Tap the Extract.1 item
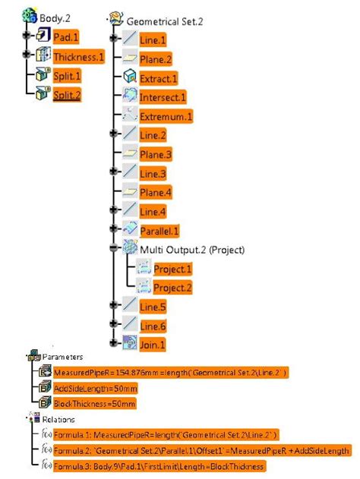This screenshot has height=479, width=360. click(x=158, y=78)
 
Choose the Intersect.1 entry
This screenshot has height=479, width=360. click(x=163, y=97)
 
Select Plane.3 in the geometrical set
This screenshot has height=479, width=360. click(x=156, y=154)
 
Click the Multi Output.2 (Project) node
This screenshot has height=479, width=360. click(x=185, y=248)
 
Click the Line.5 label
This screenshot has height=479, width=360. click(x=153, y=307)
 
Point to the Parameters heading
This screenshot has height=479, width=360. click(x=62, y=356)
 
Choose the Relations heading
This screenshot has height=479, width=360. click(x=58, y=419)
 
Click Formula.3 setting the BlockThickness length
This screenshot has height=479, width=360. click(x=159, y=465)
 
